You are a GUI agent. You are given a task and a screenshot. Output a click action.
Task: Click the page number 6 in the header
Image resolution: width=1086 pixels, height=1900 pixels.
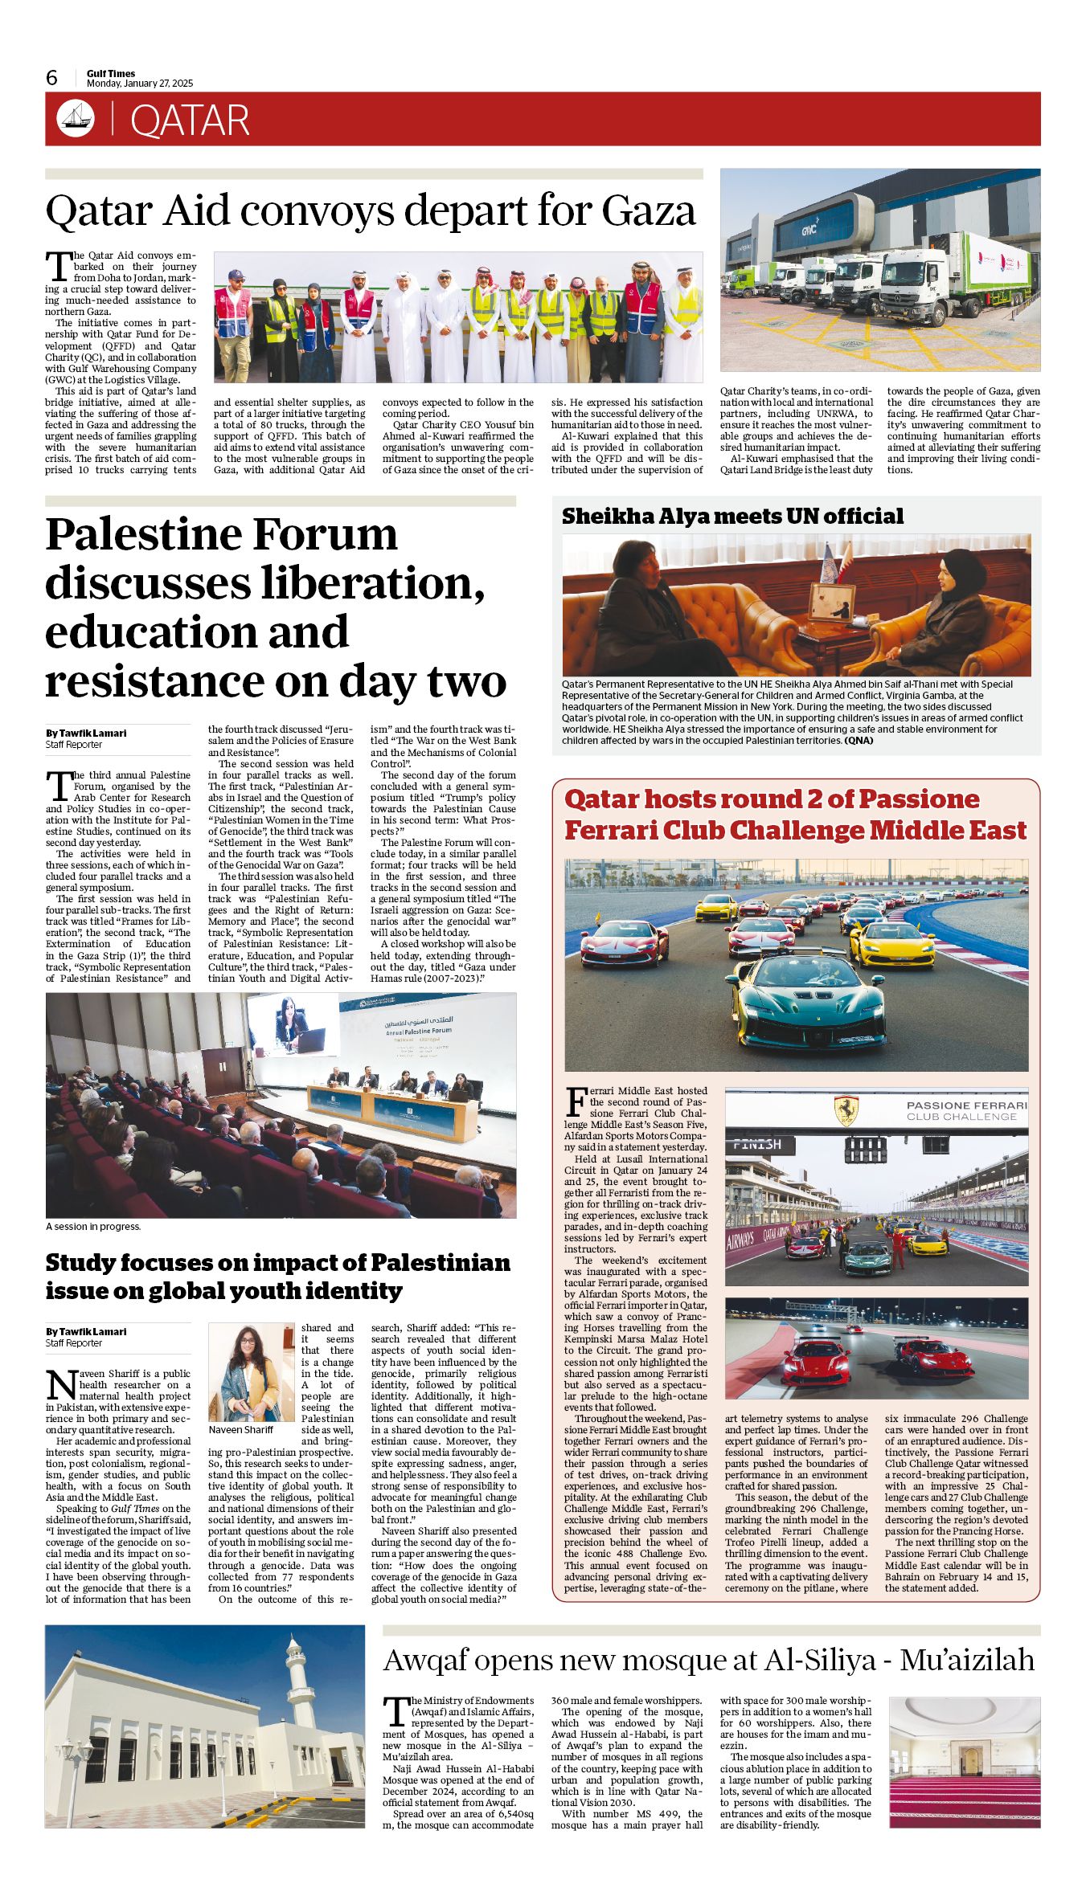coord(52,78)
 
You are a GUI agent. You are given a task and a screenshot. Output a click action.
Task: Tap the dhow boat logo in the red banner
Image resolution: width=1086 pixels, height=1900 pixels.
coord(76,119)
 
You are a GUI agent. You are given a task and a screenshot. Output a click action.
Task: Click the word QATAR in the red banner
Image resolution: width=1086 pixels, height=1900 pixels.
coord(190,121)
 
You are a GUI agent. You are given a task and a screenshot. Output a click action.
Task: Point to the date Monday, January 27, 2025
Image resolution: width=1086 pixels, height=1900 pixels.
coord(140,84)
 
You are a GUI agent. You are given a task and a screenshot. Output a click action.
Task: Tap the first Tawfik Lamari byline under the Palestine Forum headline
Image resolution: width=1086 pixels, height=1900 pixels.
coord(86,733)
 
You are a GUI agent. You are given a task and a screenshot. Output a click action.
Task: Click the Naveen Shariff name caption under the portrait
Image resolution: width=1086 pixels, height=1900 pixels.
coord(240,1430)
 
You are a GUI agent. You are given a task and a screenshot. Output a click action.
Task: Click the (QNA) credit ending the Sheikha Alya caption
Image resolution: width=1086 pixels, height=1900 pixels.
coord(859,740)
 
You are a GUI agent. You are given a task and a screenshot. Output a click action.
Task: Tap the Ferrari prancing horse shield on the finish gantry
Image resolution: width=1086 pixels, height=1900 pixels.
coord(845,1110)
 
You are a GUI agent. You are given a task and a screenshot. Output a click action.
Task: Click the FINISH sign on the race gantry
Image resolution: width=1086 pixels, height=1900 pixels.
coord(758,1144)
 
